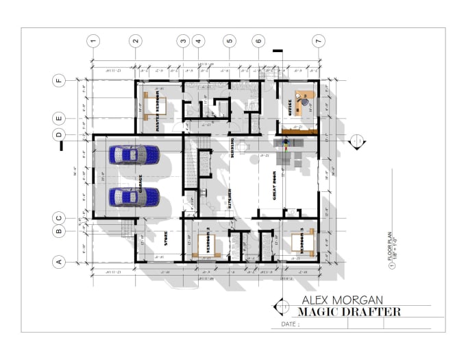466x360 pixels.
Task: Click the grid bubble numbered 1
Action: tap(94, 41)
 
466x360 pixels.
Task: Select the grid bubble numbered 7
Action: tap(318, 41)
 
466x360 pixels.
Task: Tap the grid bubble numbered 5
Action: tap(230, 41)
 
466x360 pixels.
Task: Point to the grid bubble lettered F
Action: tap(60, 80)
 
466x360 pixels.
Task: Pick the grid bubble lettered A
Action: tap(60, 261)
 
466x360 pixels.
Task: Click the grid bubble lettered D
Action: tap(60, 135)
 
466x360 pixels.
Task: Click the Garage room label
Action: tap(140, 183)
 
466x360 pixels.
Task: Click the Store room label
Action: tap(167, 239)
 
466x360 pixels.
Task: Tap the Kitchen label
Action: tap(229, 200)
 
